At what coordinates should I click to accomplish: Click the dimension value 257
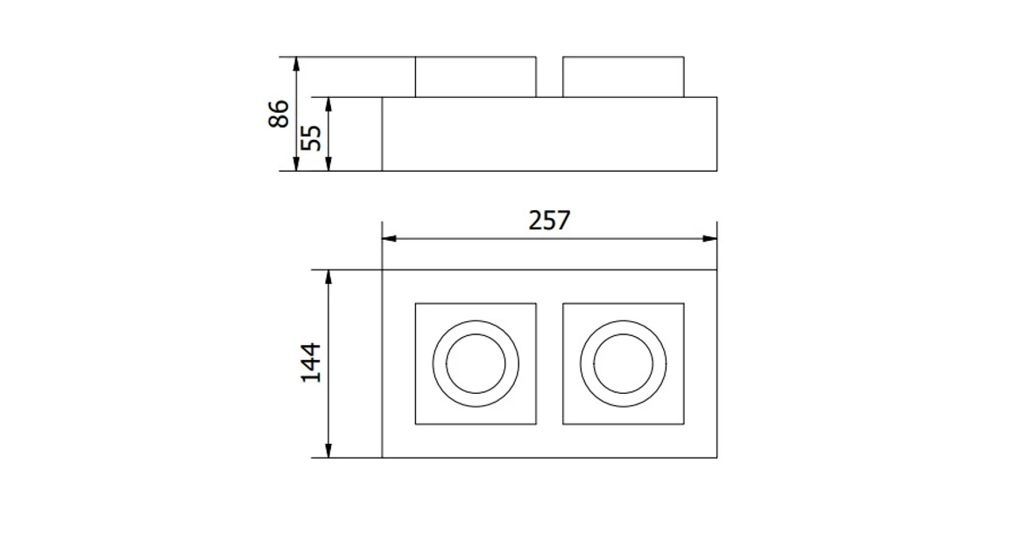(x=549, y=220)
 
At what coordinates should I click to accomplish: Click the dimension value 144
(x=312, y=362)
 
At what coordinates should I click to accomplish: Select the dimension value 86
(x=279, y=114)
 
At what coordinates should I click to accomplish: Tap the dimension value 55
(x=312, y=137)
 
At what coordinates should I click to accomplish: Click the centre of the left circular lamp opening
(x=475, y=363)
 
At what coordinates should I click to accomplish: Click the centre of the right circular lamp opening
(x=623, y=363)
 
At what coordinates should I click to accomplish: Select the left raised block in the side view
(x=475, y=77)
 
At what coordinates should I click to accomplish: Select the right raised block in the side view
(x=623, y=77)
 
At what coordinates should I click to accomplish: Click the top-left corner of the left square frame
(x=415, y=304)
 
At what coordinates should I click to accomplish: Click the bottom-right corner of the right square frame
(x=683, y=424)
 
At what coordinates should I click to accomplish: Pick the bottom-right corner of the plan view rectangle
(x=716, y=457)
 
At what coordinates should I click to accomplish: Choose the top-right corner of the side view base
(x=716, y=97)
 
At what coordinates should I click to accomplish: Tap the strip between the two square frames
(x=549, y=363)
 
